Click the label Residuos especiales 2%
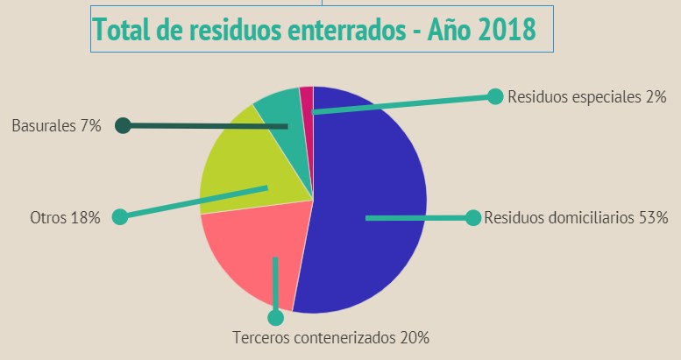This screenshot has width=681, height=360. [x=587, y=96]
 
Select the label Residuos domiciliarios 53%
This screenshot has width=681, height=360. [x=576, y=217]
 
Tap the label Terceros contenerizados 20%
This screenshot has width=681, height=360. [x=330, y=337]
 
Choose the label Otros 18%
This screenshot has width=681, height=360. [x=65, y=217]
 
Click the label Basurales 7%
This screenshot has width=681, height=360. [x=56, y=126]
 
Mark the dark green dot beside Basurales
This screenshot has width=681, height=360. [x=123, y=126]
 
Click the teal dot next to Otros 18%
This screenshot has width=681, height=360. [x=120, y=216]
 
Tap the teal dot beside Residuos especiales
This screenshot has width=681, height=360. [x=494, y=95]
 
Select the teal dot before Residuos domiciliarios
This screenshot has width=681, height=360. [x=472, y=217]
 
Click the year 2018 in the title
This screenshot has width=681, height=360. [x=506, y=31]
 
